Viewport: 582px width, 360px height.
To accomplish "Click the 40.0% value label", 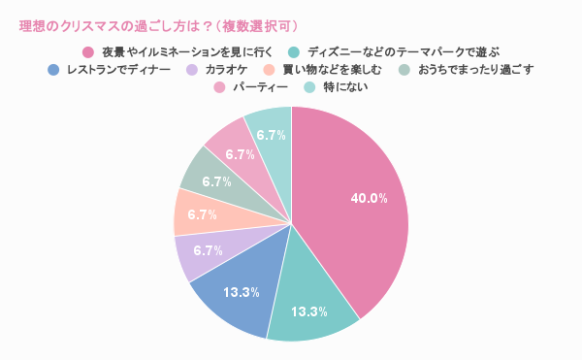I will (369, 198).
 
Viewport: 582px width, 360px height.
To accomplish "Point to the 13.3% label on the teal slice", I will (309, 311).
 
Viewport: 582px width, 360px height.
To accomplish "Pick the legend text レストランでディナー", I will (118, 70).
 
